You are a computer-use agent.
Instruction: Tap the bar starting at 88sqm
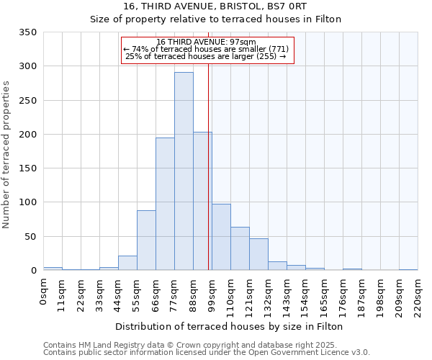202,201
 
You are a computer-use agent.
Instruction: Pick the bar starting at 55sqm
146,240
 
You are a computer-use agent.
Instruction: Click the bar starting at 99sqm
221,237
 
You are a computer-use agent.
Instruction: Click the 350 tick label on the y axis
27,32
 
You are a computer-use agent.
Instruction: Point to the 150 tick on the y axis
27,168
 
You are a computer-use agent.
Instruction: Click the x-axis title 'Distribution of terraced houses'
229,326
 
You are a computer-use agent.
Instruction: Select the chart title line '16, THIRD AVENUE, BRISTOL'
215,6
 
